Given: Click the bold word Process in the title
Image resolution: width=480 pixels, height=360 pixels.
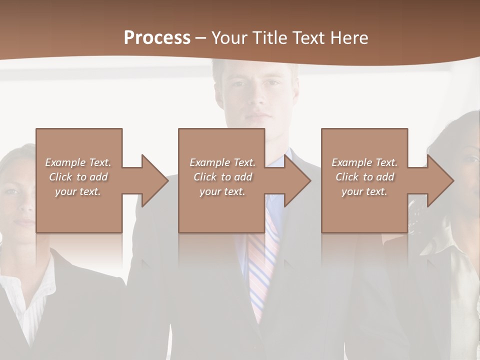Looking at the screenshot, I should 157,38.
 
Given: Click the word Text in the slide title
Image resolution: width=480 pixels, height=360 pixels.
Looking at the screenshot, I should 308,38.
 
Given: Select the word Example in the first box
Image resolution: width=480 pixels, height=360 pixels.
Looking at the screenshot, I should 65,162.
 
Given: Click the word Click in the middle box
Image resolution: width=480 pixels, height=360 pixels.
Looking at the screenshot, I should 204,177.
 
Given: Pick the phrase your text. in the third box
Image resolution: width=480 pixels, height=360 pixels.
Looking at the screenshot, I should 364,191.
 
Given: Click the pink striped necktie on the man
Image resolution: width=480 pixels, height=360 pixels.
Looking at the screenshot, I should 263,260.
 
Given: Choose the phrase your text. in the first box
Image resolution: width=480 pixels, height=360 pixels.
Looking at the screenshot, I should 78,191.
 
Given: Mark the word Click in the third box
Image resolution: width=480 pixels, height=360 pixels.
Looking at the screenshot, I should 347,177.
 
